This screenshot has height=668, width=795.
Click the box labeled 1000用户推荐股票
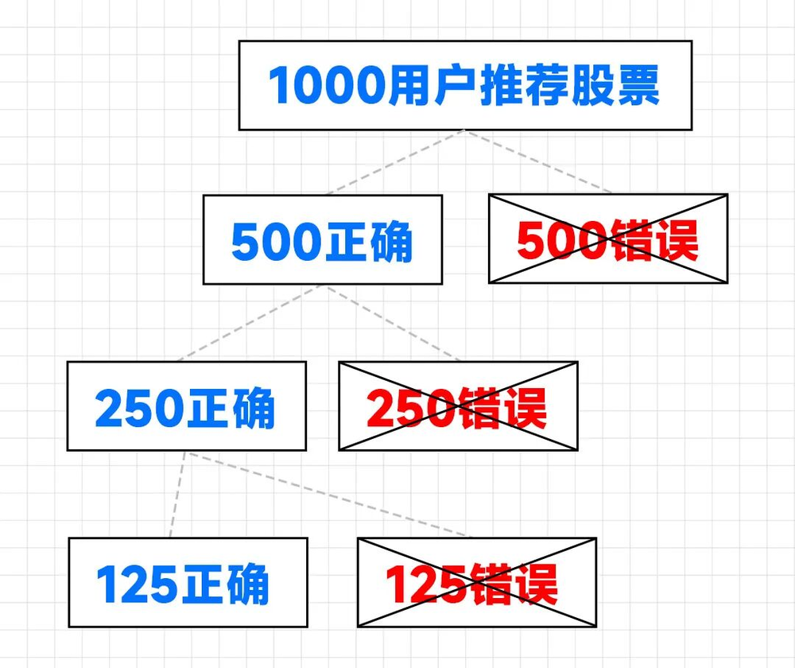point(465,85)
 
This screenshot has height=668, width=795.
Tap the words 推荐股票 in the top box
point(569,86)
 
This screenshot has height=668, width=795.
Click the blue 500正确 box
point(322,239)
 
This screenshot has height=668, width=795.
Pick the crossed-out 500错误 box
point(608,239)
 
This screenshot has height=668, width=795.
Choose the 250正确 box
point(186,406)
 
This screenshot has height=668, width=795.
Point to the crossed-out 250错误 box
point(458,406)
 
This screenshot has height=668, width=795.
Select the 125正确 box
point(188,582)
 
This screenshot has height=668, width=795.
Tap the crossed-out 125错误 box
point(476,582)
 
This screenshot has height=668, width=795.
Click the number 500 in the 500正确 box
point(276,240)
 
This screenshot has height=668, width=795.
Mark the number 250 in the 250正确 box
point(140,408)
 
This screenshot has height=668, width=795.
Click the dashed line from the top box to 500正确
point(394,162)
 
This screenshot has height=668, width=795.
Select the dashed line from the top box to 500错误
point(539,162)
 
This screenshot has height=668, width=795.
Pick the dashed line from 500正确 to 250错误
point(394,323)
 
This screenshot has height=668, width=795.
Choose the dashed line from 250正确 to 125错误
point(326,495)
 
